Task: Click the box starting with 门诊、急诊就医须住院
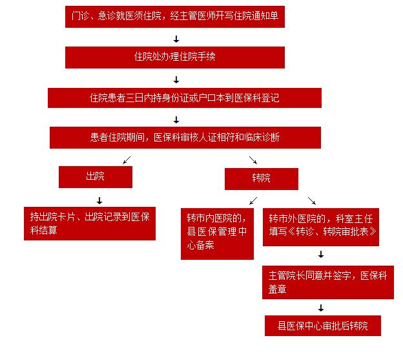175,17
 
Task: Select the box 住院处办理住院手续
175,58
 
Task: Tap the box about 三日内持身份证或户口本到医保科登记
185,98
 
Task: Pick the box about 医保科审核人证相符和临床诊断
185,138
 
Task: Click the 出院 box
96,177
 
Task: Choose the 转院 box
262,179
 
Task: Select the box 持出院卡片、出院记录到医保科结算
90,224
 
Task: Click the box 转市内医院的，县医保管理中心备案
217,234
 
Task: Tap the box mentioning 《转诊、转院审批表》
321,227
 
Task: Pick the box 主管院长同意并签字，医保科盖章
328,282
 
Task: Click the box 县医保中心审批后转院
323,326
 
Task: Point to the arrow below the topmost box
176,39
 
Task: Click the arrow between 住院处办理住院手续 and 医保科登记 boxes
176,79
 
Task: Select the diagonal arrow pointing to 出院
127,160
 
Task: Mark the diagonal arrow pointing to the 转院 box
253,160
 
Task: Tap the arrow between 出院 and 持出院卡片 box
99,200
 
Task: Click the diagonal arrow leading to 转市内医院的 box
253,201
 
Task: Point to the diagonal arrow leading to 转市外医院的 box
312,201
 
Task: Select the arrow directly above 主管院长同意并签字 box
321,254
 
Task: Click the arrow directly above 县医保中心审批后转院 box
321,308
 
